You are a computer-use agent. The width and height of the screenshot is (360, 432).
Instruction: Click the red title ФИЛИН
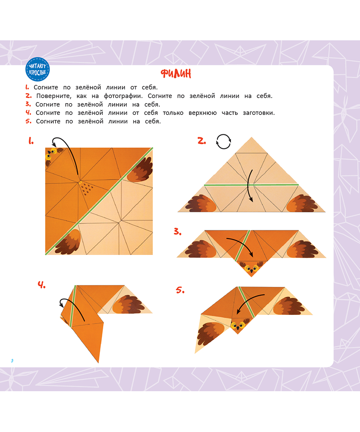[x=176, y=73]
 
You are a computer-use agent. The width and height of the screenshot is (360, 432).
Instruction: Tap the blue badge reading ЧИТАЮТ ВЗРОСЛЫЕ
[x=37, y=70]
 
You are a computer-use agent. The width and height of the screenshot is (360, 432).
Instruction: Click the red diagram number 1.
[x=31, y=141]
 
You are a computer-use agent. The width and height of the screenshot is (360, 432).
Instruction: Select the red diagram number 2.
[x=202, y=141]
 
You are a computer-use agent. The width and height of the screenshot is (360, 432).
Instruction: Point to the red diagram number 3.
[x=178, y=232]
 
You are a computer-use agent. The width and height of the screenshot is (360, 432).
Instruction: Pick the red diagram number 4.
[x=42, y=285]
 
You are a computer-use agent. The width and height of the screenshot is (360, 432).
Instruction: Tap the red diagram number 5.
[x=180, y=290]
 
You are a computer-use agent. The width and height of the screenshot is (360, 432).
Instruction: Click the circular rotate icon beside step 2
[x=223, y=142]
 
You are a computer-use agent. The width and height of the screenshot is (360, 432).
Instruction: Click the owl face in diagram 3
[x=251, y=269]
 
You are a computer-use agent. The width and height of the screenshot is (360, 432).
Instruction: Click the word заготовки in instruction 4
[x=259, y=113]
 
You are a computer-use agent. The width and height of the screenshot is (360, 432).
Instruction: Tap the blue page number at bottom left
[x=12, y=360]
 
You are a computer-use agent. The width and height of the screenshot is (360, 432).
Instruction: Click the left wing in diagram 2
[x=201, y=204]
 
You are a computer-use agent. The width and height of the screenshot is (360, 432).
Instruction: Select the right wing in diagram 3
[x=302, y=249]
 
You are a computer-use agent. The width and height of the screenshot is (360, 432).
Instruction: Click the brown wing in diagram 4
[x=128, y=304]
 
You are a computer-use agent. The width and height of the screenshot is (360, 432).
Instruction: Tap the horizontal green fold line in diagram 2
[x=251, y=185]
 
